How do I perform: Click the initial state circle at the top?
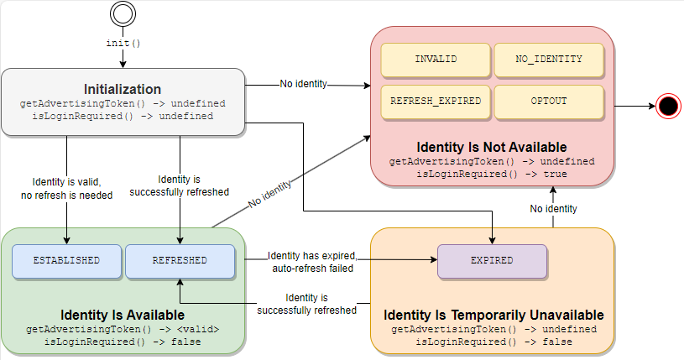coord(123,15)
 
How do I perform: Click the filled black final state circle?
coord(667,107)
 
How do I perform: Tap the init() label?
coord(123,43)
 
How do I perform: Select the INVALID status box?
coord(436,60)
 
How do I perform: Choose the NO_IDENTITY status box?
coord(548,60)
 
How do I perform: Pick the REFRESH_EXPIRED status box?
coord(436,102)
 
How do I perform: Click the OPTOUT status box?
coord(548,102)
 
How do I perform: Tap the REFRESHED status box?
coord(180,260)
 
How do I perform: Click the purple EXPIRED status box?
coord(492,260)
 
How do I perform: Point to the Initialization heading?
coord(123,89)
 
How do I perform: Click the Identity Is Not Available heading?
coord(492,147)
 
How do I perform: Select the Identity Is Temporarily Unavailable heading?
coord(493,315)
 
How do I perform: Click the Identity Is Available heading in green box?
coord(123,315)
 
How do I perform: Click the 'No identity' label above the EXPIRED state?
coord(553,208)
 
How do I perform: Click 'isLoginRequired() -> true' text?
coord(492,174)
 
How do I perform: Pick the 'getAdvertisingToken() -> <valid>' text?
coord(123,329)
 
